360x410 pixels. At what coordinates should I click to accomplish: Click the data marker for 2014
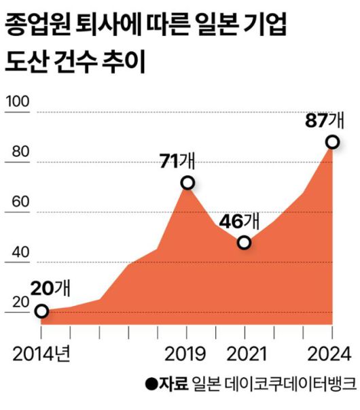[x=41, y=311]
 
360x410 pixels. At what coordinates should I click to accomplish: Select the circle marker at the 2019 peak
[x=187, y=183]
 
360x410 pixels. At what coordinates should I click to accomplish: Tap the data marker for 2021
[x=245, y=243]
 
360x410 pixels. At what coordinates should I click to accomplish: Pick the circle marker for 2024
[x=332, y=141]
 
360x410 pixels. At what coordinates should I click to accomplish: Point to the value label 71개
[x=177, y=160]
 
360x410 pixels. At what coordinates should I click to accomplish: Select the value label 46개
[x=239, y=221]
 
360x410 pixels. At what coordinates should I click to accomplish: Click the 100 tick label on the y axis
[x=18, y=103]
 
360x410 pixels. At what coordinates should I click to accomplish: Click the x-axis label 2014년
[x=43, y=354]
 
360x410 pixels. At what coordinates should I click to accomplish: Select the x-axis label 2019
[x=187, y=354]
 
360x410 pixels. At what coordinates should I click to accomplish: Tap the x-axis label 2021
[x=245, y=354]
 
